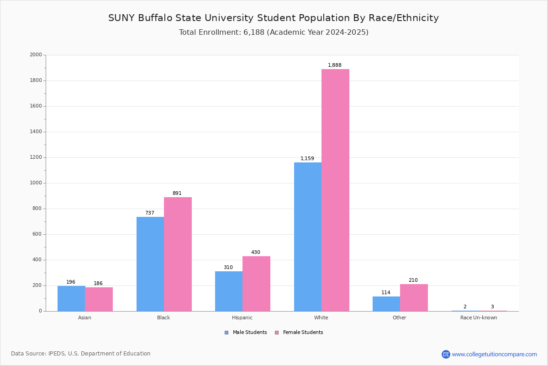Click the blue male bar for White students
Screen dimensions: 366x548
(308, 237)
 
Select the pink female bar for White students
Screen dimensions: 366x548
(335, 190)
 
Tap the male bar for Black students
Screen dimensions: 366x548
(150, 264)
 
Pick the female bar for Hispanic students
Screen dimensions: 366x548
(256, 284)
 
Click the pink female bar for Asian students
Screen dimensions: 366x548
(99, 299)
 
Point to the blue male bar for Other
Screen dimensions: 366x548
(386, 304)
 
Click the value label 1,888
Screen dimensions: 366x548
(335, 65)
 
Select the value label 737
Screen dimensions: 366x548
(150, 213)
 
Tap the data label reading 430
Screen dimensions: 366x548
(256, 253)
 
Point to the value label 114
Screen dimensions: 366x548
(386, 293)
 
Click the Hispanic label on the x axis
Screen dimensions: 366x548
(242, 318)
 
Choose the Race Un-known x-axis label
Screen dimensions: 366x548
(479, 318)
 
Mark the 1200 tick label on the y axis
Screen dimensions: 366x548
(36, 157)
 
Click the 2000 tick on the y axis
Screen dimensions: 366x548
(36, 55)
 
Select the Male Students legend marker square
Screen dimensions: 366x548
(227, 333)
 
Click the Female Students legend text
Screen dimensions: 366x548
(303, 333)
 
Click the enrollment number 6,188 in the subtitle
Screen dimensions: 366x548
(254, 32)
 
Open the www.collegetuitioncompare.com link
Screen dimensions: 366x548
(494, 355)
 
